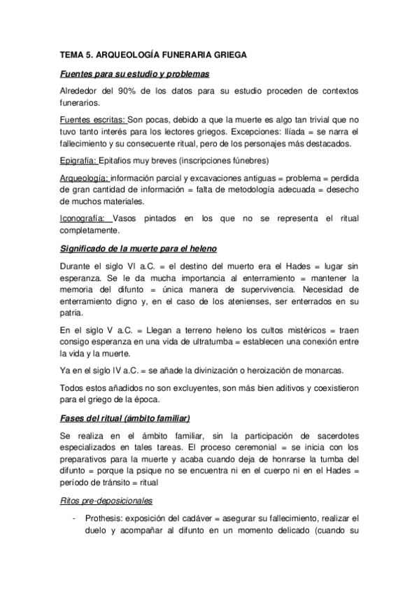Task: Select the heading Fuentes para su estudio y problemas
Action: (x=134, y=73)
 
